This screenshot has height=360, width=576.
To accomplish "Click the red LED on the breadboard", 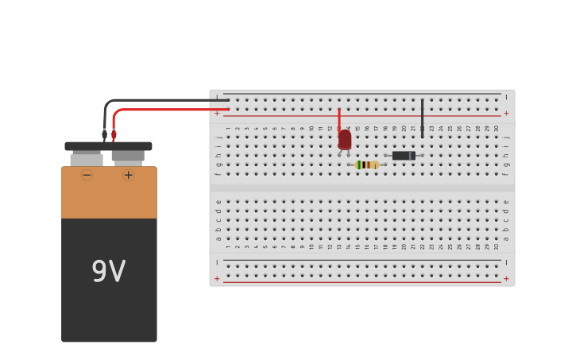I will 344,140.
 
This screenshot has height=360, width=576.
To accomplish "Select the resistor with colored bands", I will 366,165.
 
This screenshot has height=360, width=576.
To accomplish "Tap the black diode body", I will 404,156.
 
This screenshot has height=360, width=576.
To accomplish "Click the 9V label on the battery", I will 109,272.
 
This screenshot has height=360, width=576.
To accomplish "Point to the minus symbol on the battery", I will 87,175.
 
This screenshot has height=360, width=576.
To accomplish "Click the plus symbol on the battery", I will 129,175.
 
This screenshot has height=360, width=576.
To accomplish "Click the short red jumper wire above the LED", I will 339,119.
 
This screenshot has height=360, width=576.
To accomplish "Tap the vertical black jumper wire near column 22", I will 422,118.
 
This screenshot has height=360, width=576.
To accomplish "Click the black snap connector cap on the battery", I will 108,146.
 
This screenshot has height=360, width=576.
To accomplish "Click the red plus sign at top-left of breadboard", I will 217,113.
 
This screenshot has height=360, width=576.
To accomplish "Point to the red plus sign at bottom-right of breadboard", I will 506,278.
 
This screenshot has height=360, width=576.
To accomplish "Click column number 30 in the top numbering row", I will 497,128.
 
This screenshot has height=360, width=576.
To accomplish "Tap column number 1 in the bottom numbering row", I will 228,246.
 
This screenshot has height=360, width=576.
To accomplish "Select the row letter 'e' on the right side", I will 506,202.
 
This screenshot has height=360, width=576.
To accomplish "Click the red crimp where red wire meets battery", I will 114,135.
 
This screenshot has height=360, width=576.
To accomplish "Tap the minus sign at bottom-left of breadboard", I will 217,262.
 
